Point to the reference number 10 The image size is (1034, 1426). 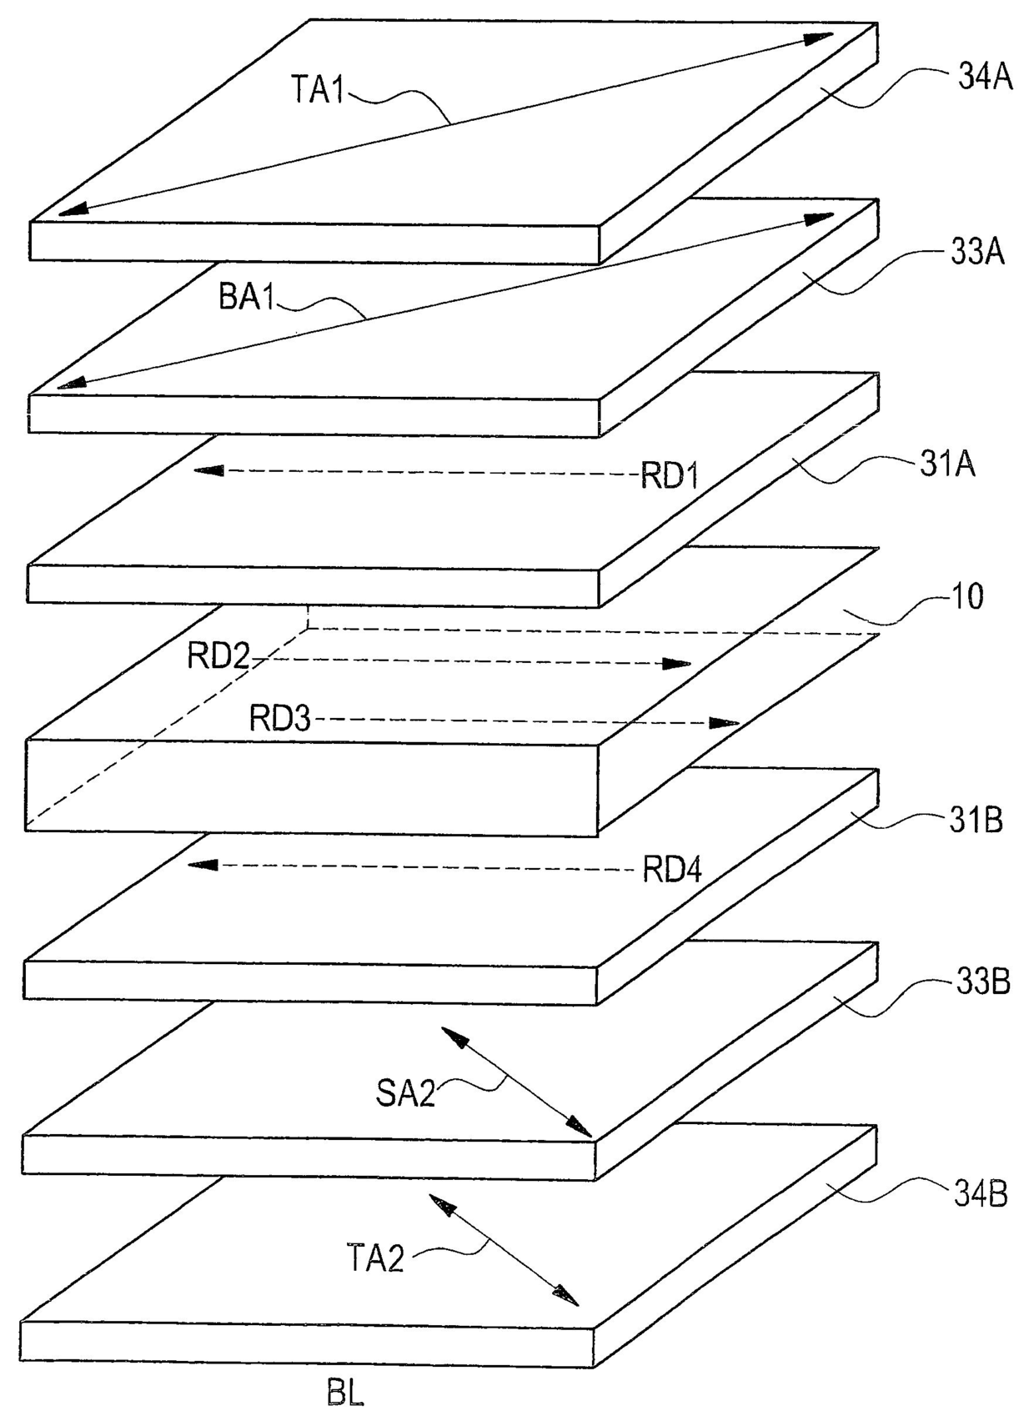point(966,597)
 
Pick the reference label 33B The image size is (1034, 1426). point(981,983)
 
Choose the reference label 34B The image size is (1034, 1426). point(981,1196)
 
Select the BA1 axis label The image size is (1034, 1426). point(247,298)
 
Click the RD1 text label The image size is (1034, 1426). point(669,475)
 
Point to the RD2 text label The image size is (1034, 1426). point(218,656)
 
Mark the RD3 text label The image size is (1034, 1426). point(280,719)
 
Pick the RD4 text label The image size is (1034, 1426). point(672,868)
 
